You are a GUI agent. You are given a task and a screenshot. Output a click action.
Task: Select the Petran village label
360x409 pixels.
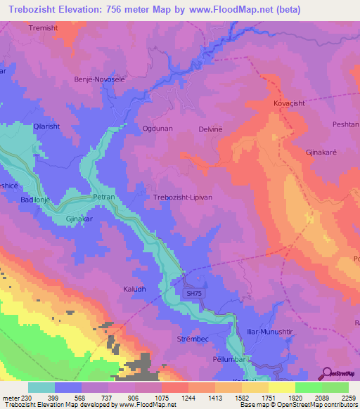point(104,198)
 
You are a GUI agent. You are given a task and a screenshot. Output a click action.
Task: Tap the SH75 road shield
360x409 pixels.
point(193,294)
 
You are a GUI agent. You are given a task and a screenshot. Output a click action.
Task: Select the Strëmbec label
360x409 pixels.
point(192,339)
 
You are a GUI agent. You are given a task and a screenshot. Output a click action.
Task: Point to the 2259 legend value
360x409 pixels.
point(348,398)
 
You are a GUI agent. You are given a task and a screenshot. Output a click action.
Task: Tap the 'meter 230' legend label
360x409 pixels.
point(15,398)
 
